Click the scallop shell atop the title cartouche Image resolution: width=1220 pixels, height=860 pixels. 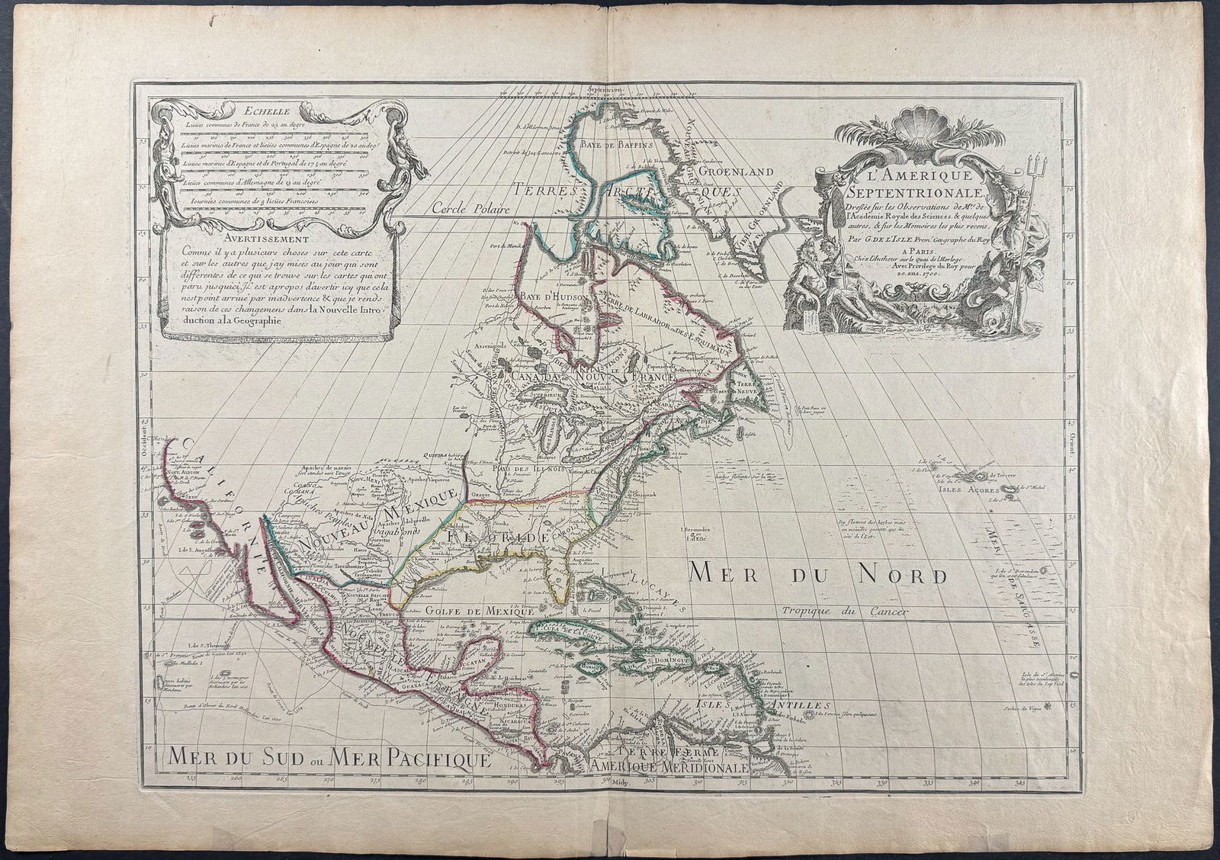pos(912,132)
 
